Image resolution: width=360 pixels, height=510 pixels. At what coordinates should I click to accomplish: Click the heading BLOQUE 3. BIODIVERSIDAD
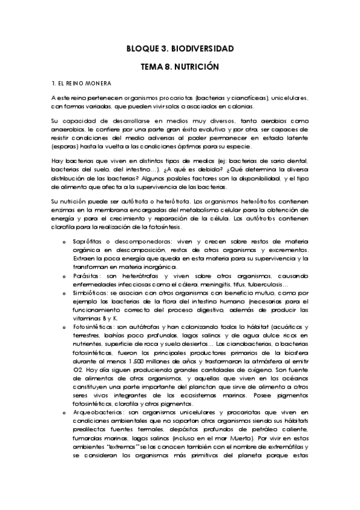[x=180, y=48]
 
